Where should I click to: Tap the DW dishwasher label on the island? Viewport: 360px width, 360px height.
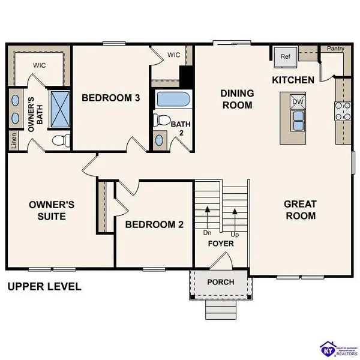[298, 102]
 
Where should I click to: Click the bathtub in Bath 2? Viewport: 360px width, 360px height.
[172, 99]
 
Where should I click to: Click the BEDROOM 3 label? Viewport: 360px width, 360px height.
[111, 98]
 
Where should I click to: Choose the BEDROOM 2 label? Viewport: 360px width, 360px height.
[154, 224]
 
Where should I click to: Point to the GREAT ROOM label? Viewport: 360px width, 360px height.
[300, 209]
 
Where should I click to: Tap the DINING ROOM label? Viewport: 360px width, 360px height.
[237, 99]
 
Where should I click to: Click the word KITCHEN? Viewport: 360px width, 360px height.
[293, 80]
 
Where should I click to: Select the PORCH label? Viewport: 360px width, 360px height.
[220, 282]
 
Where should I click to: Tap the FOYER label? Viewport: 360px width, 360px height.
[221, 244]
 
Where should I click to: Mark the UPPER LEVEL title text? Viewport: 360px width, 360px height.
[44, 287]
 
